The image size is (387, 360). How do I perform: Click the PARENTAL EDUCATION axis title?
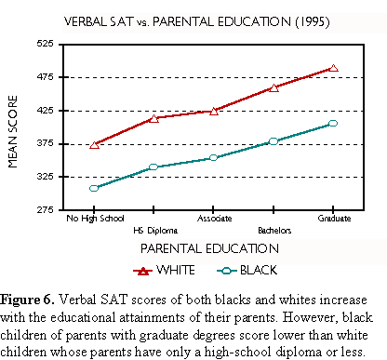(209, 248)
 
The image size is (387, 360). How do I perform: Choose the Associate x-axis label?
(214, 219)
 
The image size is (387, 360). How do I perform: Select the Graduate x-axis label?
(334, 219)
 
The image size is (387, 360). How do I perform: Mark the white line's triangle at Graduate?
(334, 68)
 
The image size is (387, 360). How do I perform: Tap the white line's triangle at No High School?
(94, 144)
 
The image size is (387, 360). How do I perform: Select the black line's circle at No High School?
(94, 188)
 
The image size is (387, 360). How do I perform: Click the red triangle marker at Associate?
(214, 111)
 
